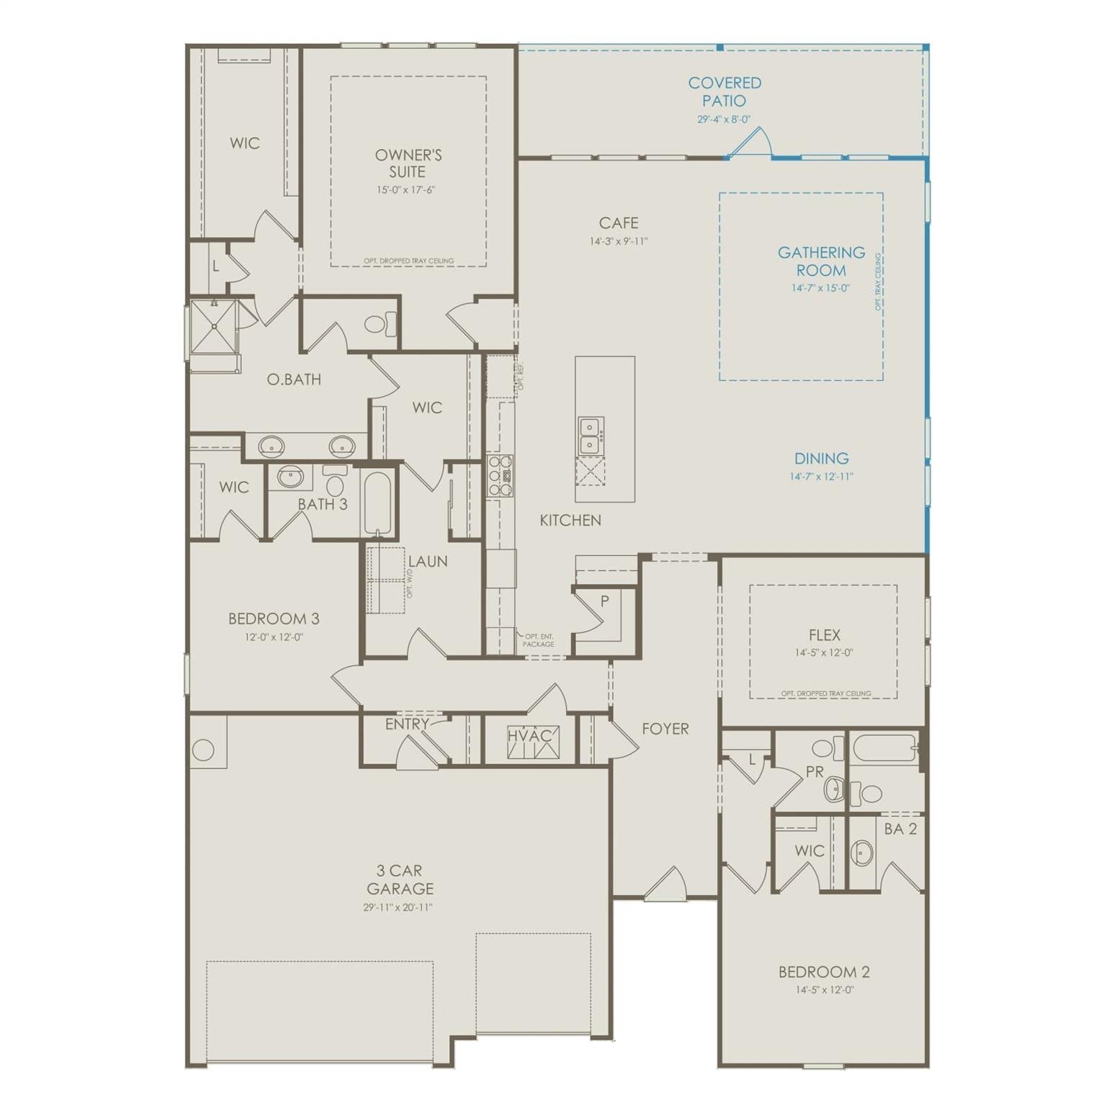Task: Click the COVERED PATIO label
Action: click(x=724, y=92)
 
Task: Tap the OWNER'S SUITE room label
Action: click(x=408, y=163)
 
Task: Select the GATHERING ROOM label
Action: click(x=820, y=261)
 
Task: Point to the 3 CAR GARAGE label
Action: click(x=400, y=879)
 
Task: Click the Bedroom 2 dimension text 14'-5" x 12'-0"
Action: click(x=824, y=990)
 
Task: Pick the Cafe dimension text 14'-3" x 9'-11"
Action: click(x=618, y=242)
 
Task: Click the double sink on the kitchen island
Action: click(x=591, y=436)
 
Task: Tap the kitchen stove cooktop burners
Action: click(x=499, y=475)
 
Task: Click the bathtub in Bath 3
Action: click(x=377, y=501)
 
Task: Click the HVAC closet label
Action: click(x=529, y=736)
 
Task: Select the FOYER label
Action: click(x=665, y=729)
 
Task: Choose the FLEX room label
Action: click(x=824, y=635)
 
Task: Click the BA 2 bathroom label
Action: click(x=900, y=829)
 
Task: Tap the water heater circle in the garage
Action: click(x=203, y=750)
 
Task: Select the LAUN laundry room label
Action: click(x=428, y=562)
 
